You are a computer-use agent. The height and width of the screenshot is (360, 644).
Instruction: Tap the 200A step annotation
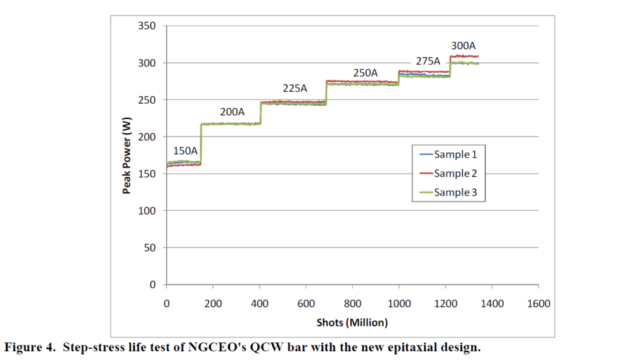(232, 112)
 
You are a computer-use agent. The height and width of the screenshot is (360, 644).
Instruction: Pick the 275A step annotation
(427, 62)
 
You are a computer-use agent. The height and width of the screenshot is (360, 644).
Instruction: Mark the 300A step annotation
(464, 46)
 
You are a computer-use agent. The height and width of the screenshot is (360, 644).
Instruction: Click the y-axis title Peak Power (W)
(126, 155)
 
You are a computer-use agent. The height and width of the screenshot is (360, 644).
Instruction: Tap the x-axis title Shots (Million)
(352, 322)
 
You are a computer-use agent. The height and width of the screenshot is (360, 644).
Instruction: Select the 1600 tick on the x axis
(538, 304)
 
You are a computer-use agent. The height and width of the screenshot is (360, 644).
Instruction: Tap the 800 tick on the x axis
(352, 304)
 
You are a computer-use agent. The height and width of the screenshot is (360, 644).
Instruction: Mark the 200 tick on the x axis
(213, 304)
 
